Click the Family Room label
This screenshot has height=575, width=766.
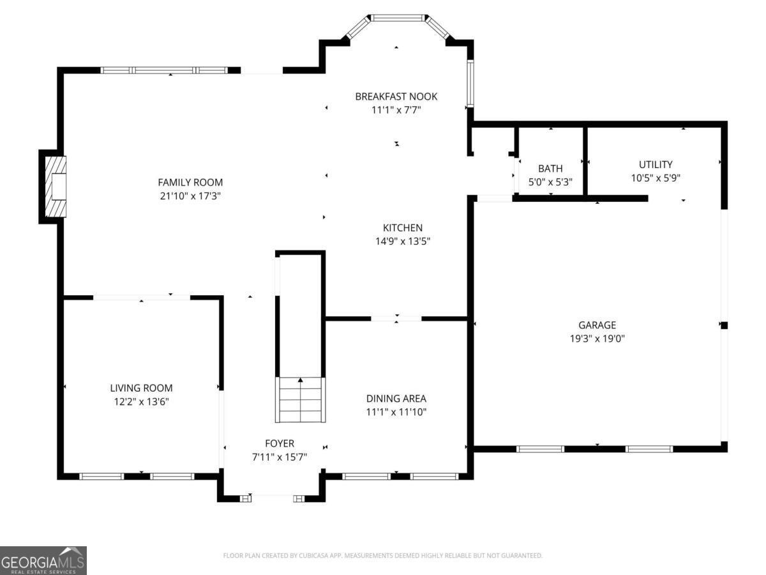point(190,182)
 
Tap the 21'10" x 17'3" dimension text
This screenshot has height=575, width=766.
point(190,196)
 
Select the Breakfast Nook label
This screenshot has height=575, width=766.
point(396,96)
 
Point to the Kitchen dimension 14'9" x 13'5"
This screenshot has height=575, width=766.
point(403,241)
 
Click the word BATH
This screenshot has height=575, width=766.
point(550,169)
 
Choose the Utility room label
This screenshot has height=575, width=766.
point(656,164)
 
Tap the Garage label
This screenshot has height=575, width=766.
point(597,325)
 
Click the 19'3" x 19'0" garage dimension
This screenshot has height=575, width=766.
point(597,339)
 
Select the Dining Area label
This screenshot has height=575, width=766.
point(396,398)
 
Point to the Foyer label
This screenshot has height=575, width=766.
point(280,443)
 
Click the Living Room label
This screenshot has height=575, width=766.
point(141,388)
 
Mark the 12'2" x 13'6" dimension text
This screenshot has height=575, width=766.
point(141,401)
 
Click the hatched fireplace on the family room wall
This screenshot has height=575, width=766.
point(56,187)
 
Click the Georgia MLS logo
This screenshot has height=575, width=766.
point(43,560)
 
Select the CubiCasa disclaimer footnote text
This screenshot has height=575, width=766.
point(383,555)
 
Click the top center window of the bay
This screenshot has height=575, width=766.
point(398,18)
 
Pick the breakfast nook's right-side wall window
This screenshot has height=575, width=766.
point(470,83)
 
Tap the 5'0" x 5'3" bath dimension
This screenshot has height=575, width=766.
point(550,182)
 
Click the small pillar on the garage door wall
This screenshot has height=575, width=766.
point(724,325)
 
